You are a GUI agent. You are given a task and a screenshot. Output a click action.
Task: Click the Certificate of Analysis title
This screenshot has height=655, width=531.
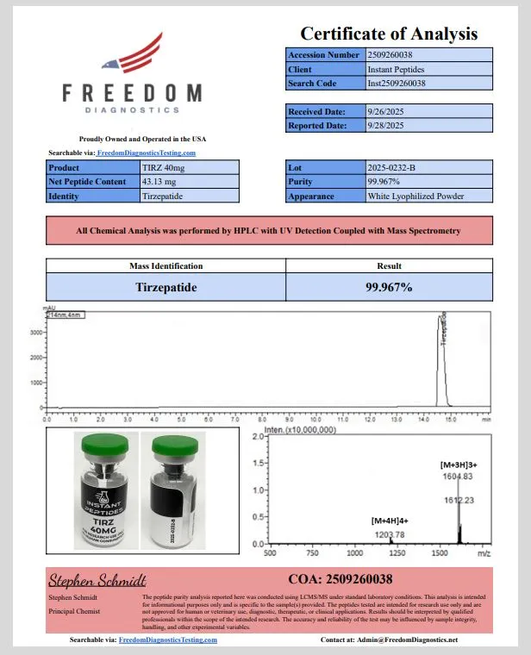(388, 34)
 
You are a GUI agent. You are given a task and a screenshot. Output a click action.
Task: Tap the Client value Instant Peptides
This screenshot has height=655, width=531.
(396, 69)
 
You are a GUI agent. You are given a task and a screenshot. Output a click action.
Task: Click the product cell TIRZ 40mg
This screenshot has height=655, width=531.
(164, 167)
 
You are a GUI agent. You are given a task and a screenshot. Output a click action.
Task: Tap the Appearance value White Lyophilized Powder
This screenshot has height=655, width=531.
(415, 196)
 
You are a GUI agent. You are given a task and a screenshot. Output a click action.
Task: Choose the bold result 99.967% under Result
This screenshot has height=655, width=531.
(389, 286)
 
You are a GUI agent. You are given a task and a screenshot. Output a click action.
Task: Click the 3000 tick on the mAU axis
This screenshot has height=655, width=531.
(36, 332)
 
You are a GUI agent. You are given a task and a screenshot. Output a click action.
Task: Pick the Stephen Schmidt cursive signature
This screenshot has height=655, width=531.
(97, 579)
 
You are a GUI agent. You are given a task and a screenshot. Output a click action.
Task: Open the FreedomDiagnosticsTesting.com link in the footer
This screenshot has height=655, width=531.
(167, 640)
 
